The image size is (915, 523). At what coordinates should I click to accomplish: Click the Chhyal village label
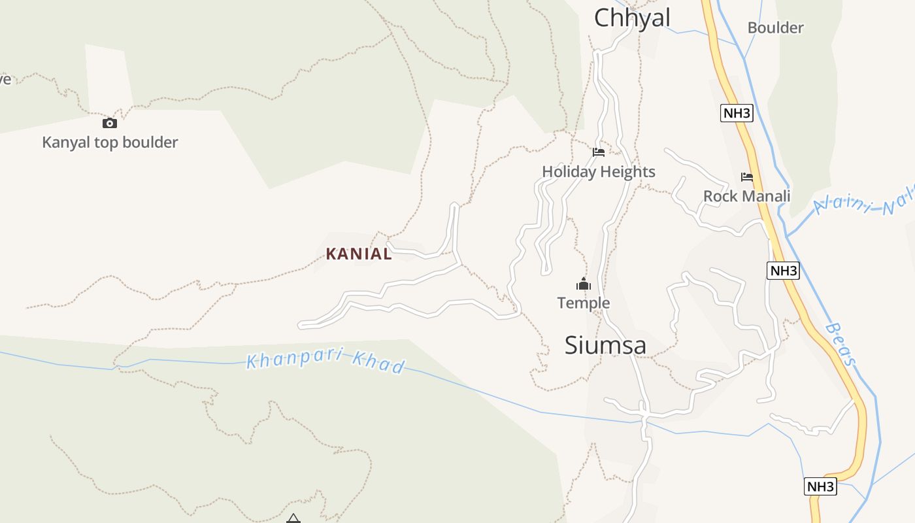[x=632, y=18]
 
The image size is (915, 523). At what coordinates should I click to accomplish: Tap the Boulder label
[x=775, y=28]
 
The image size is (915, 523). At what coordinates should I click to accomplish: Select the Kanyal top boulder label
[x=110, y=142]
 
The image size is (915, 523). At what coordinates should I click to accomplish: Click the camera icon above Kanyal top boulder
[x=109, y=123]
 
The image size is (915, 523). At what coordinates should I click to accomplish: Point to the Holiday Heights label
[x=598, y=172]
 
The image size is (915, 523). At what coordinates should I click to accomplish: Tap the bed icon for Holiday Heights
[x=598, y=152]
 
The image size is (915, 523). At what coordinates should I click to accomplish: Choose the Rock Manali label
[x=746, y=196]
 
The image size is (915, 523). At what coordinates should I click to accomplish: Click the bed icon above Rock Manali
[x=746, y=177]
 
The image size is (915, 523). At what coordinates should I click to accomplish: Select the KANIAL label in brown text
[x=359, y=254]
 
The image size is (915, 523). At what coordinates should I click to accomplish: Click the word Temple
[x=584, y=303]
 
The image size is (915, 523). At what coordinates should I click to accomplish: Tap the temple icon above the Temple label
[x=583, y=284]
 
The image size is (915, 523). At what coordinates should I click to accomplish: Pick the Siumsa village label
[x=605, y=345]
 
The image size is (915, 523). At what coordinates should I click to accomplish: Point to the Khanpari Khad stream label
[x=325, y=362]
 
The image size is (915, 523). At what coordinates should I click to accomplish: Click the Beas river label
[x=841, y=344]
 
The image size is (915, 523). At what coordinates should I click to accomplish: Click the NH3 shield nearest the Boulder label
[x=737, y=113]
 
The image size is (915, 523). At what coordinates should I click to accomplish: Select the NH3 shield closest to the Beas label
[x=783, y=271]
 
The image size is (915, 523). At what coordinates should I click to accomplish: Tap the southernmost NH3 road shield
[x=820, y=486]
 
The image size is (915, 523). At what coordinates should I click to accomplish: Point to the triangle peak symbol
[x=293, y=518]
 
